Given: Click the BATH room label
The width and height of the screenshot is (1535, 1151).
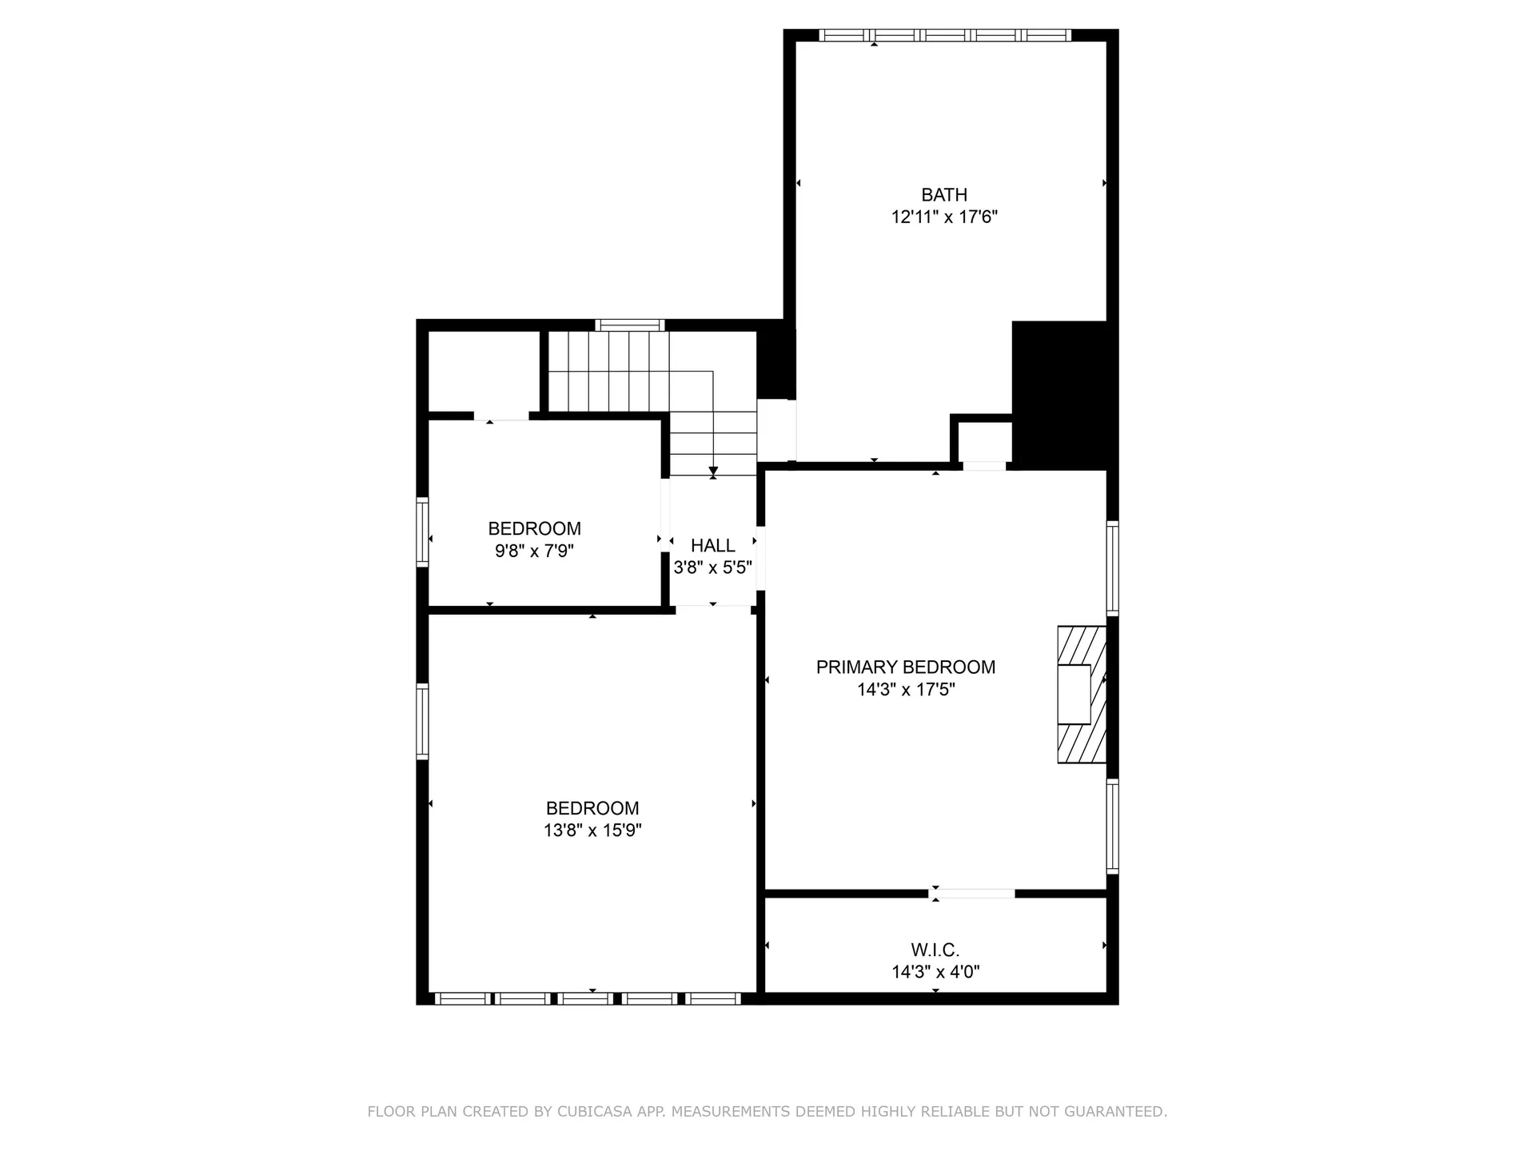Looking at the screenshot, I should (944, 195).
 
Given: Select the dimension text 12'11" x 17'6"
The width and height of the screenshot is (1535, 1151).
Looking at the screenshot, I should (944, 217).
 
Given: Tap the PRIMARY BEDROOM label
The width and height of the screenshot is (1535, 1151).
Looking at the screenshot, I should (905, 667).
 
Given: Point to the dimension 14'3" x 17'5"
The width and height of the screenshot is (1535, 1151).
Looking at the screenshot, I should (905, 690).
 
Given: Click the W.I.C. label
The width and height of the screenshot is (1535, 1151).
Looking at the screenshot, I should (935, 950).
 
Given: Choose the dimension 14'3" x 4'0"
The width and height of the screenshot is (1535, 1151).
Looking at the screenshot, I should (935, 972).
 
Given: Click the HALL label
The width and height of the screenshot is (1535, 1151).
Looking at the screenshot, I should (712, 546).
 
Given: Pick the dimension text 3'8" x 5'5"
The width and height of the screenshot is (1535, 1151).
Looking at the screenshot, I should (712, 568).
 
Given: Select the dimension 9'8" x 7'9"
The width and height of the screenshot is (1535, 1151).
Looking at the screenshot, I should (534, 551).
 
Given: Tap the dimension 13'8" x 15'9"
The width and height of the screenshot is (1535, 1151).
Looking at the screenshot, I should (592, 830).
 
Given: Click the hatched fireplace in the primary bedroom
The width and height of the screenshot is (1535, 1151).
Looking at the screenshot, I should (1081, 694).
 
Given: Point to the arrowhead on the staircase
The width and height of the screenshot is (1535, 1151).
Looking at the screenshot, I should (713, 471).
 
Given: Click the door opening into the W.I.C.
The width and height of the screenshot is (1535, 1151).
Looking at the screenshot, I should (973, 893).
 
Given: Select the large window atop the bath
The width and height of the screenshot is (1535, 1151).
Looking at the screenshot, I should (944, 35).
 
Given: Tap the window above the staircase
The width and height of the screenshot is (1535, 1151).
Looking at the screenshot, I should (630, 325).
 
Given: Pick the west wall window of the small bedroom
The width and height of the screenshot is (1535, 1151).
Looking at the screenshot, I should (422, 532).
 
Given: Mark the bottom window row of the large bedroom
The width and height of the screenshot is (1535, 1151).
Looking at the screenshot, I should (588, 998).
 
